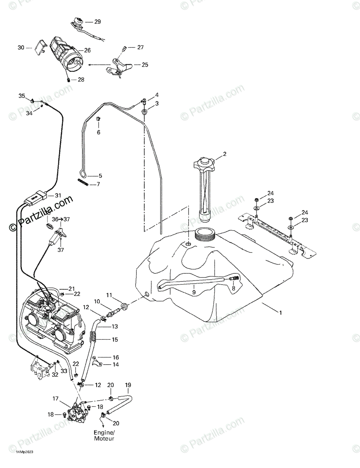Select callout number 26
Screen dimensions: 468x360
point(87,50)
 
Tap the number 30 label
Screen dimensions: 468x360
point(21,48)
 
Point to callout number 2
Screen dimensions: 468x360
point(224,154)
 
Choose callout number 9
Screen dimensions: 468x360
point(194,291)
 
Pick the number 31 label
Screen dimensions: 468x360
point(58,195)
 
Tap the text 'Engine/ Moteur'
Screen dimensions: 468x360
point(104,436)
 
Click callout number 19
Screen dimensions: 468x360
point(128,385)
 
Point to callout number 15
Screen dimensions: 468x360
point(115,340)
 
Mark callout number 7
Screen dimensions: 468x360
point(98,184)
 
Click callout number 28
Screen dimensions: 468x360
point(81,80)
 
